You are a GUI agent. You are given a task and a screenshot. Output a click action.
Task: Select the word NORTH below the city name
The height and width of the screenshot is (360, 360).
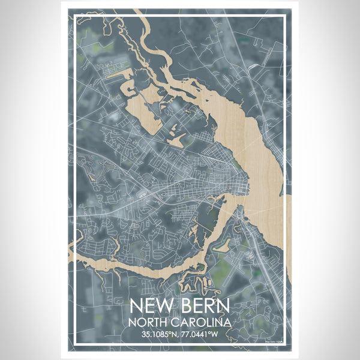(149, 322)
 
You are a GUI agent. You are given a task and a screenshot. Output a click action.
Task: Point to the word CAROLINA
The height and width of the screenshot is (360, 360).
(201, 322)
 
